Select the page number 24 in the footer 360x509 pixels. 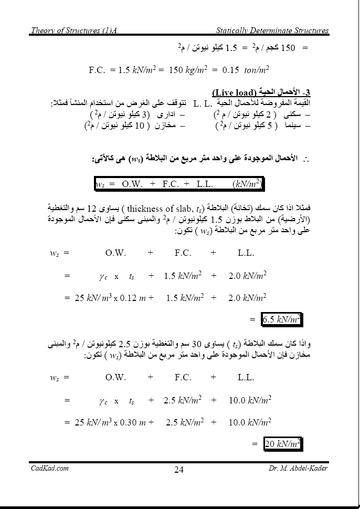tap(179, 470)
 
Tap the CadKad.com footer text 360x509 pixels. tap(49, 469)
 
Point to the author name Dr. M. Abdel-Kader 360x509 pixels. tap(298, 469)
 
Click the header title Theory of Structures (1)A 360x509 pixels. tap(73, 30)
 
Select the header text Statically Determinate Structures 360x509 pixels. tap(272, 30)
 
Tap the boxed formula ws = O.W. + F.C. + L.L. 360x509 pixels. tap(178, 184)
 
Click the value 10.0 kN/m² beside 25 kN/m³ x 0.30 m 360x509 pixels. tap(250, 421)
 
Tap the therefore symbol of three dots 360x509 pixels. tap(305, 159)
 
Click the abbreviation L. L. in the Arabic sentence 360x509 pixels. tap(202, 103)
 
